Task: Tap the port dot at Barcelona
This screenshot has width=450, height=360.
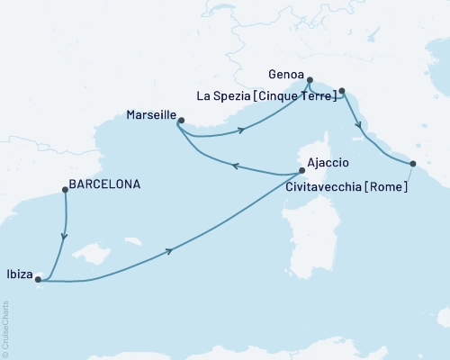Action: (x=64, y=189)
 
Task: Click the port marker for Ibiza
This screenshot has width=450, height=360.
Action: (x=38, y=280)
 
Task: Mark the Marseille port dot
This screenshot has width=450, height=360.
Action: (x=180, y=121)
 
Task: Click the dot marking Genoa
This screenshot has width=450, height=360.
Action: (x=309, y=79)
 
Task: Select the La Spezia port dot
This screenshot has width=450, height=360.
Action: (x=341, y=90)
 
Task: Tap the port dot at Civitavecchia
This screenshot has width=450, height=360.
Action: (x=412, y=164)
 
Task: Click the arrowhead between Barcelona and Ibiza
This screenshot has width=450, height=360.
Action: (x=63, y=237)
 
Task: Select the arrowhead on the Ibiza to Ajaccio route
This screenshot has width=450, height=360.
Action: (x=169, y=250)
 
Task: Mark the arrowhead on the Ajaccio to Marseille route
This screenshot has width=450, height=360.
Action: (x=236, y=166)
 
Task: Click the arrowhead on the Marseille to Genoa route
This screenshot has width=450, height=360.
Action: (x=241, y=131)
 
